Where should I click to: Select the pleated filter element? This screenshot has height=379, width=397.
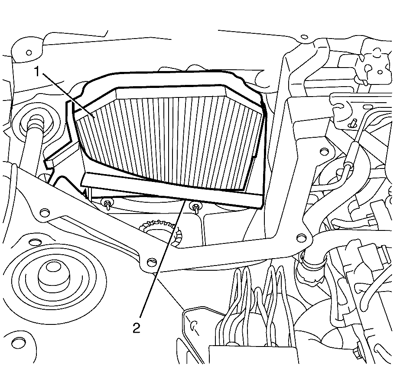[169, 139]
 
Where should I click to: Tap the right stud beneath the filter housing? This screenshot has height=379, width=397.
[197, 207]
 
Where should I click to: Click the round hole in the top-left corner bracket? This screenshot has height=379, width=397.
[29, 53]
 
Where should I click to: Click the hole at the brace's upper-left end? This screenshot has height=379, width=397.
[42, 212]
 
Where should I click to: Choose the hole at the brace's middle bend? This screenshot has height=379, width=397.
[150, 262]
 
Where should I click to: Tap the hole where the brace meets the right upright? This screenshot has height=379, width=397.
[300, 237]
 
